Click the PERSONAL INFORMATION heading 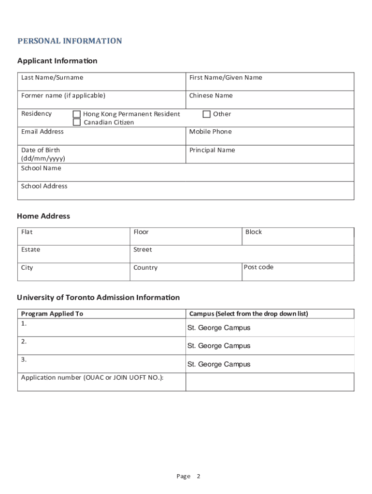click(x=70, y=41)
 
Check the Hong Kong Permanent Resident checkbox click(x=77, y=114)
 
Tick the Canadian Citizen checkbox click(x=77, y=122)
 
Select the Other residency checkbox click(x=207, y=114)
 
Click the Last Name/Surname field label click(x=52, y=78)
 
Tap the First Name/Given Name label click(x=226, y=78)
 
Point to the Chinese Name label click(x=211, y=96)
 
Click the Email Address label click(x=43, y=132)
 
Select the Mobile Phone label click(x=210, y=132)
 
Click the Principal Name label click(x=212, y=150)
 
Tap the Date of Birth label click(x=41, y=150)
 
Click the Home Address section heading click(x=43, y=216)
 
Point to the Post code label click(x=258, y=267)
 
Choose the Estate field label click(x=31, y=250)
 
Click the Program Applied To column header click(x=52, y=314)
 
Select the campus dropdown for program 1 click(x=270, y=328)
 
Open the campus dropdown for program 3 click(x=270, y=364)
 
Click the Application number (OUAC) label click(x=92, y=378)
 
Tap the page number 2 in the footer click(x=198, y=477)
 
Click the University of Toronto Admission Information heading click(x=99, y=298)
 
